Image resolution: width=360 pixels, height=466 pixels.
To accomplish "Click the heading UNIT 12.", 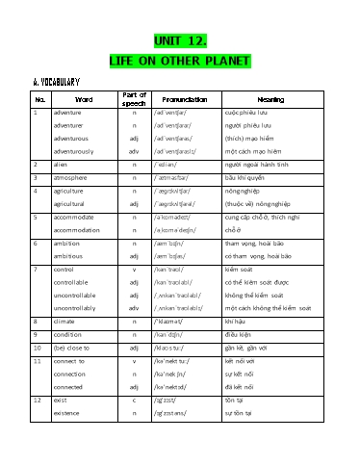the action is (180, 40).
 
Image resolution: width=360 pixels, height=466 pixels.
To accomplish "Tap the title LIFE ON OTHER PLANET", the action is (180, 60).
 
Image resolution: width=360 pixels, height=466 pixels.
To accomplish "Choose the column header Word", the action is (84, 98).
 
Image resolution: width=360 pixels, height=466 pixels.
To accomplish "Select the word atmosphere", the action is (73, 178).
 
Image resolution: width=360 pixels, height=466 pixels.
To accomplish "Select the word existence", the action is (72, 412).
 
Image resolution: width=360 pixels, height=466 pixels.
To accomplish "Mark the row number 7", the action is (35, 269).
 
